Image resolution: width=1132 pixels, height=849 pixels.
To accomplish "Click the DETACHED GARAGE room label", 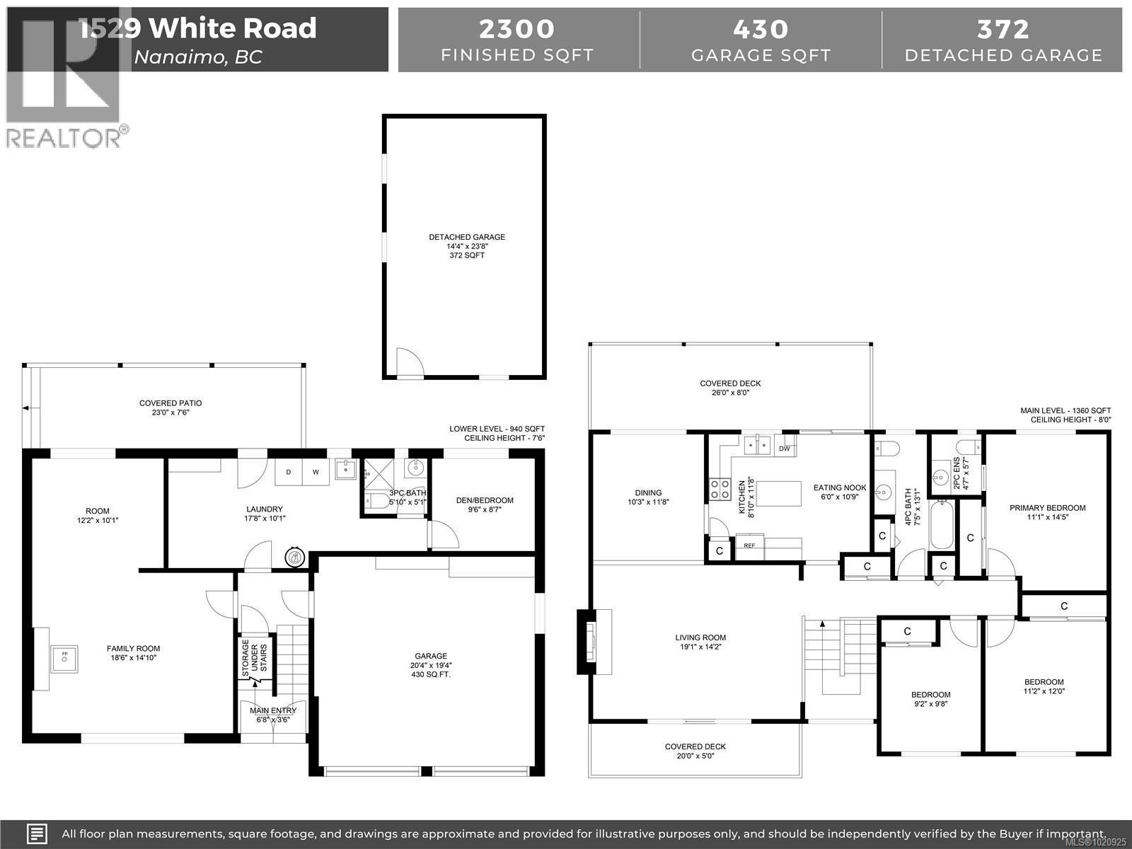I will (x=467, y=238).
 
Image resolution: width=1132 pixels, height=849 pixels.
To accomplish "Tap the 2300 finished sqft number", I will (x=516, y=29).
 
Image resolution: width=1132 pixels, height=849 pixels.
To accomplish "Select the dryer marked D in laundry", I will (x=289, y=472).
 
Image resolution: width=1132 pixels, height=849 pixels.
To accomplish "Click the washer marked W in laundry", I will (x=316, y=472).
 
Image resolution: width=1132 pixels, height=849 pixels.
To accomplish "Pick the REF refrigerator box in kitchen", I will (x=750, y=545).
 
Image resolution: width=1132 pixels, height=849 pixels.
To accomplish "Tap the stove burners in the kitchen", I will (x=720, y=488).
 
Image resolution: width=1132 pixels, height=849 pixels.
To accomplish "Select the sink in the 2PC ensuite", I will (x=941, y=474).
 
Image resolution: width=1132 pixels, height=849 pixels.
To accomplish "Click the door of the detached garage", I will (x=409, y=363).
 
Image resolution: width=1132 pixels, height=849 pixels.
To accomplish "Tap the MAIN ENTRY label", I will (x=273, y=710).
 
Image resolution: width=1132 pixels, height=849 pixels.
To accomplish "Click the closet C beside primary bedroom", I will (x=970, y=538).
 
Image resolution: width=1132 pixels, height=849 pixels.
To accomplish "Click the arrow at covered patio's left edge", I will (x=25, y=408).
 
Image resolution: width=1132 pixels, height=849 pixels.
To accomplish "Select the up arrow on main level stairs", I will (x=823, y=625).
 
